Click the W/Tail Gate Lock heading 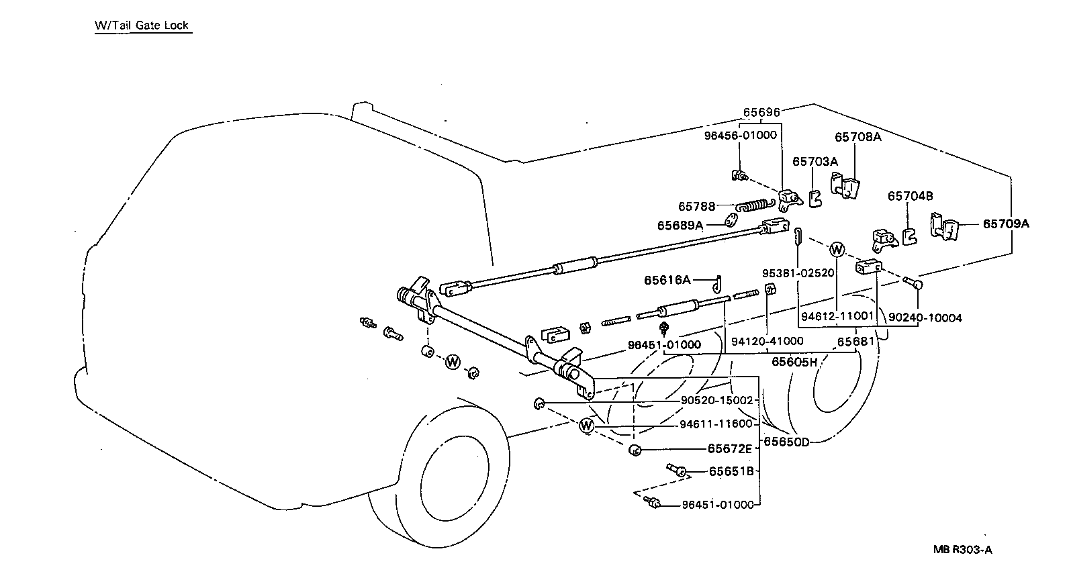coord(142,26)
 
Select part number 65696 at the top coord(761,113)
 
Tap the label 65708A coord(857,137)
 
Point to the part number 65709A coord(1005,224)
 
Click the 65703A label coord(815,161)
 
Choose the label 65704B coord(910,196)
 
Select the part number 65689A coord(680,226)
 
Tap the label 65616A coord(667,280)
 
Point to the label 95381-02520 coord(798,273)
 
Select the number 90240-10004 coord(925,318)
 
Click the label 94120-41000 coord(767,341)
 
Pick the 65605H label coord(794,362)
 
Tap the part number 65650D coord(787,442)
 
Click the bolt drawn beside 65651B coord(676,470)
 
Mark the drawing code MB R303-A coord(962,550)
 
